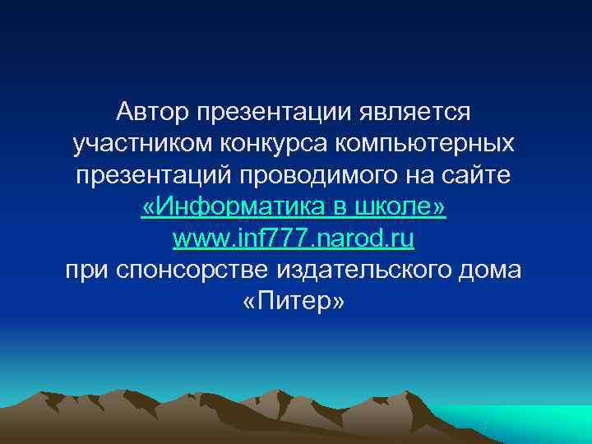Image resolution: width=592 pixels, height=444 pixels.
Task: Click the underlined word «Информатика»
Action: coord(238,208)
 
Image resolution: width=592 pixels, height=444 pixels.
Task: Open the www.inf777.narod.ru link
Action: coord(294,240)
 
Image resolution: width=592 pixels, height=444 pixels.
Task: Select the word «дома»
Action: coord(492,272)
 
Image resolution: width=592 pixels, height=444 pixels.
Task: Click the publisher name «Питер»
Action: coord(294,303)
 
